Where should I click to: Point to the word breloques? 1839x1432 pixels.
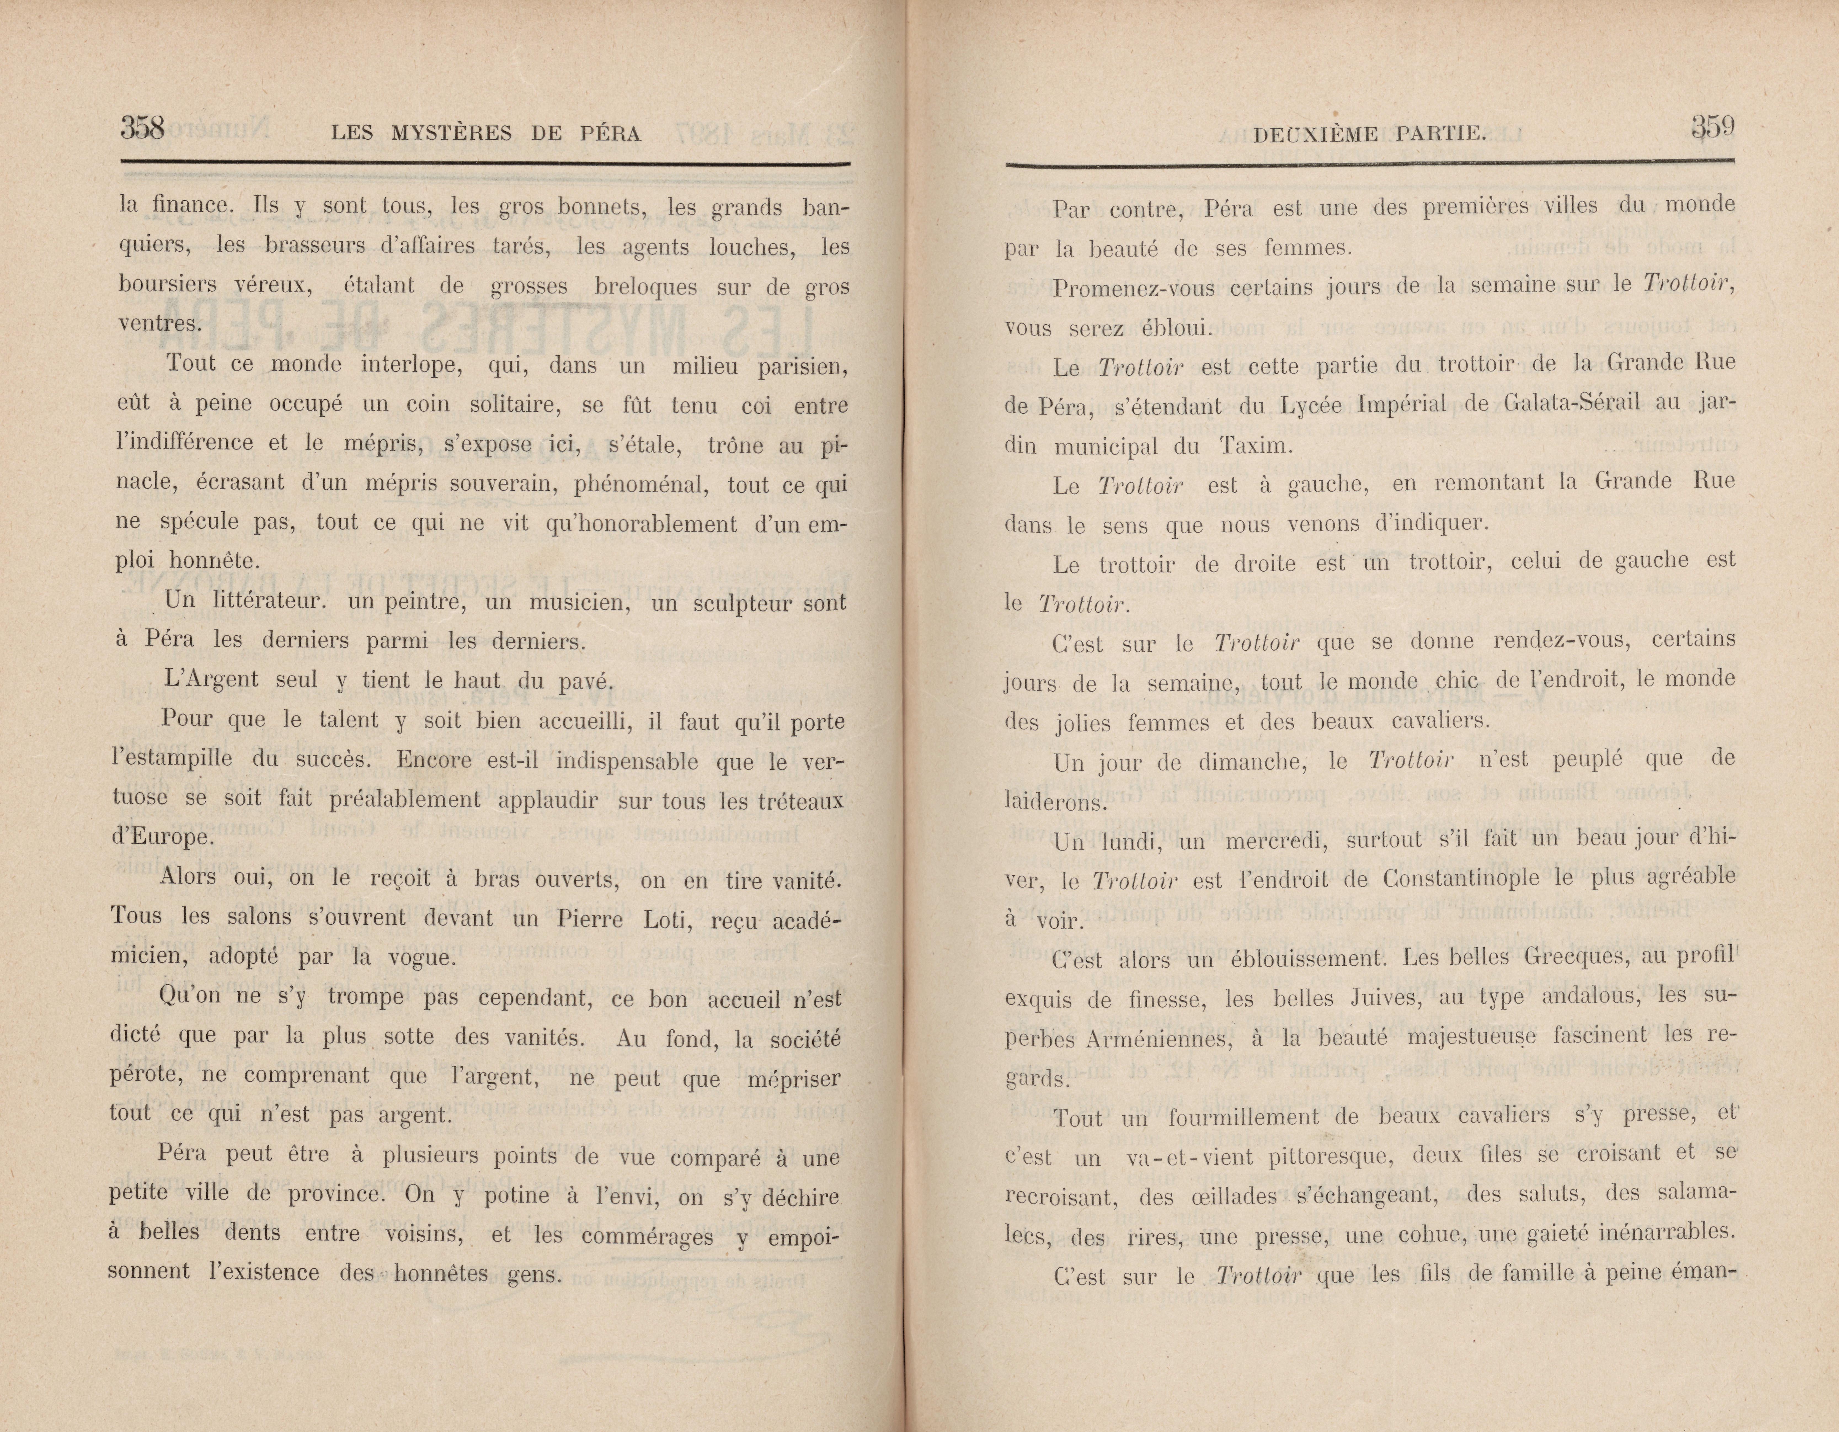[645, 286]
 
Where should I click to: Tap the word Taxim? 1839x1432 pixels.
[1254, 446]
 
